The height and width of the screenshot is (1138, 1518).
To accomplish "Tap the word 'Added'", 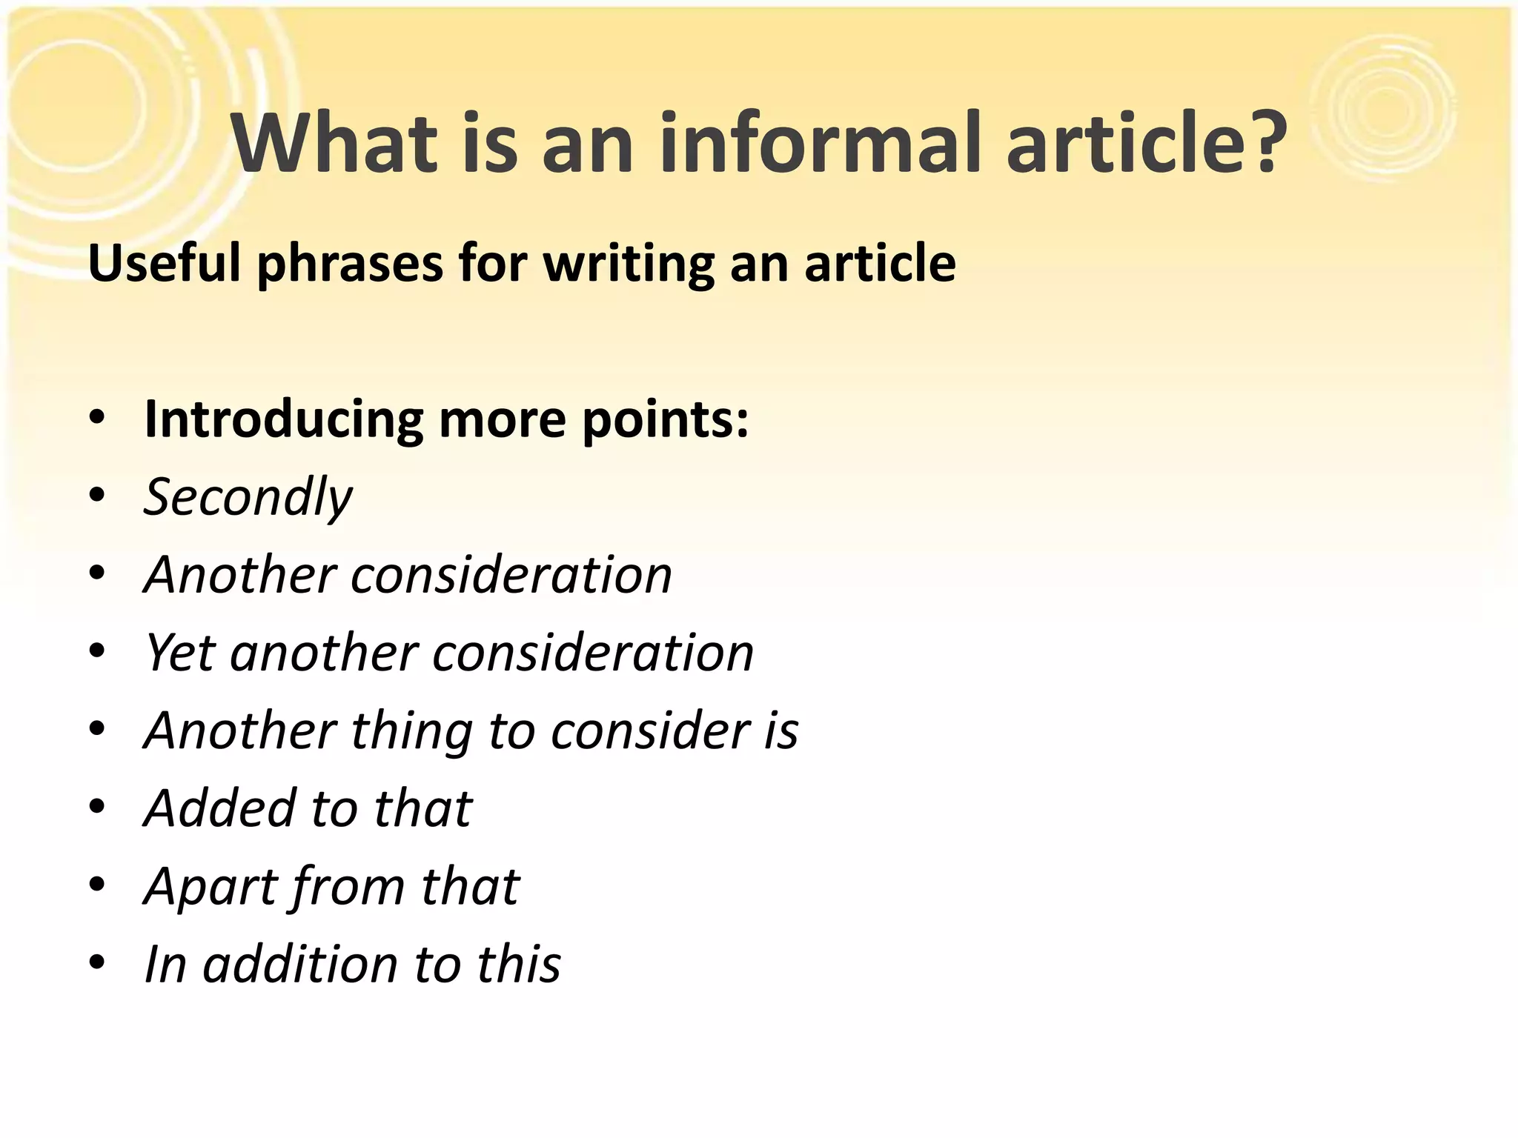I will pyautogui.click(x=219, y=808).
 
